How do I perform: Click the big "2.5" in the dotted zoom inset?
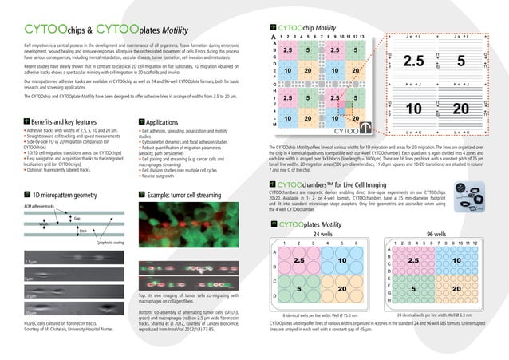pyautogui.click(x=413, y=61)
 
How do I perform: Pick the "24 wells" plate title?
pyautogui.click(x=322, y=233)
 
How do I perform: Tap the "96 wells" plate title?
pyautogui.click(x=436, y=233)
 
